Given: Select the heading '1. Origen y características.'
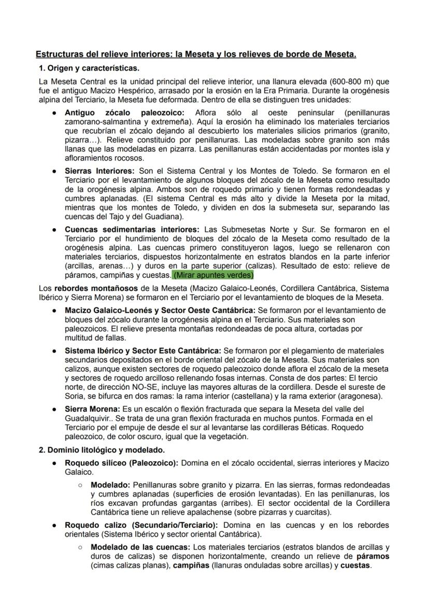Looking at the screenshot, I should [89, 68].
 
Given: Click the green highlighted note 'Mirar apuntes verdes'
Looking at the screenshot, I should [213, 275].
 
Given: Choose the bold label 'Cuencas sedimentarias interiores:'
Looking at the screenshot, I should [132, 229].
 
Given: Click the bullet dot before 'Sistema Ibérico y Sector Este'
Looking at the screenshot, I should [54, 350].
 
